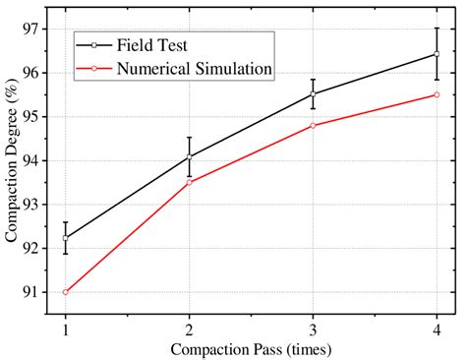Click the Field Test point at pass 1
(x=65, y=238)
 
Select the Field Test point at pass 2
(x=189, y=156)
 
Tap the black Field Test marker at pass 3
(x=313, y=94)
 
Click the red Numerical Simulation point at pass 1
(x=65, y=292)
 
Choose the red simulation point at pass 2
(x=189, y=182)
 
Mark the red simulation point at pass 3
(x=313, y=125)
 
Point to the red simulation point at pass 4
(x=437, y=94)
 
